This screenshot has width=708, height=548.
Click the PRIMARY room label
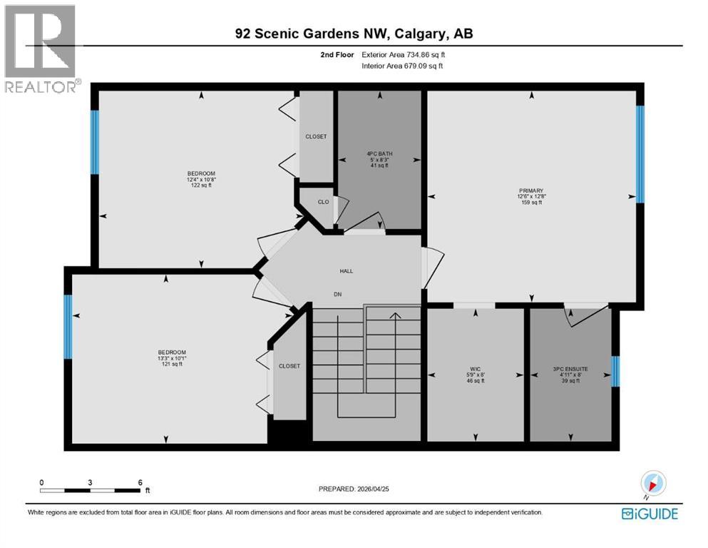[531, 191]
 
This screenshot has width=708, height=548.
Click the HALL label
[346, 270]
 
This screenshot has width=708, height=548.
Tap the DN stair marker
[339, 293]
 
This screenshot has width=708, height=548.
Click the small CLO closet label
[323, 202]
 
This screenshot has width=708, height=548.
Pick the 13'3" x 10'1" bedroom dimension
[172, 358]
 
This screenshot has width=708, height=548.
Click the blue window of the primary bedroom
[640, 154]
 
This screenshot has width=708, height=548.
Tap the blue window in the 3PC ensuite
[616, 370]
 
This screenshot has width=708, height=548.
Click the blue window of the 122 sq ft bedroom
[94, 141]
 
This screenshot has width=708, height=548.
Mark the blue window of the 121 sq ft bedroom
[68, 327]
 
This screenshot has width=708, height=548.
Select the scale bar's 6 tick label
[140, 482]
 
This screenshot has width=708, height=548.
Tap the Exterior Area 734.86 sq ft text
[407, 54]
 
